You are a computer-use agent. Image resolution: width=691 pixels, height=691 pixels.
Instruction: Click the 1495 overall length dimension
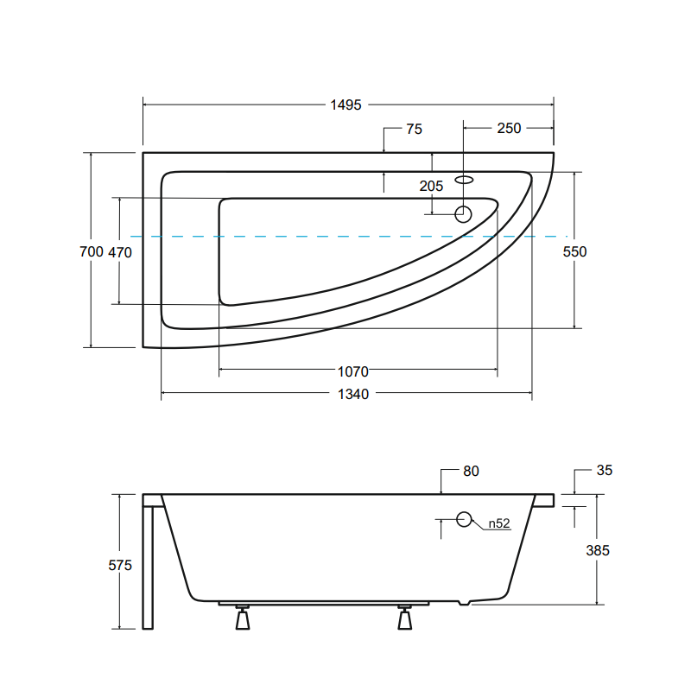tap(346, 105)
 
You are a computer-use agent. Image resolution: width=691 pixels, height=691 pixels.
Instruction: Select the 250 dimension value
tap(509, 128)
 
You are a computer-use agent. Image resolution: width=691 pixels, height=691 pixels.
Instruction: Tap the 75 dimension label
tap(415, 129)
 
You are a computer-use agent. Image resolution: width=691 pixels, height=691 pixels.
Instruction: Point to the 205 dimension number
tap(431, 186)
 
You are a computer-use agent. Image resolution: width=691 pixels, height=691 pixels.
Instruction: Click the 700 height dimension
tap(92, 251)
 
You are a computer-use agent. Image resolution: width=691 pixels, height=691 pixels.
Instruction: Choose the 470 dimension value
tap(120, 252)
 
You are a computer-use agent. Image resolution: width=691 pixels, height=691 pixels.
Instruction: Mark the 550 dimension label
tap(574, 251)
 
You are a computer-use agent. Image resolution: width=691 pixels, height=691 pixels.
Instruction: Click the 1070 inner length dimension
tap(353, 372)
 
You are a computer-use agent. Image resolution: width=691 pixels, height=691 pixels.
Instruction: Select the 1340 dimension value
tap(353, 394)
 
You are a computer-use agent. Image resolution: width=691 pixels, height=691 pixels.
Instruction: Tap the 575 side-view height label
tap(120, 566)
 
